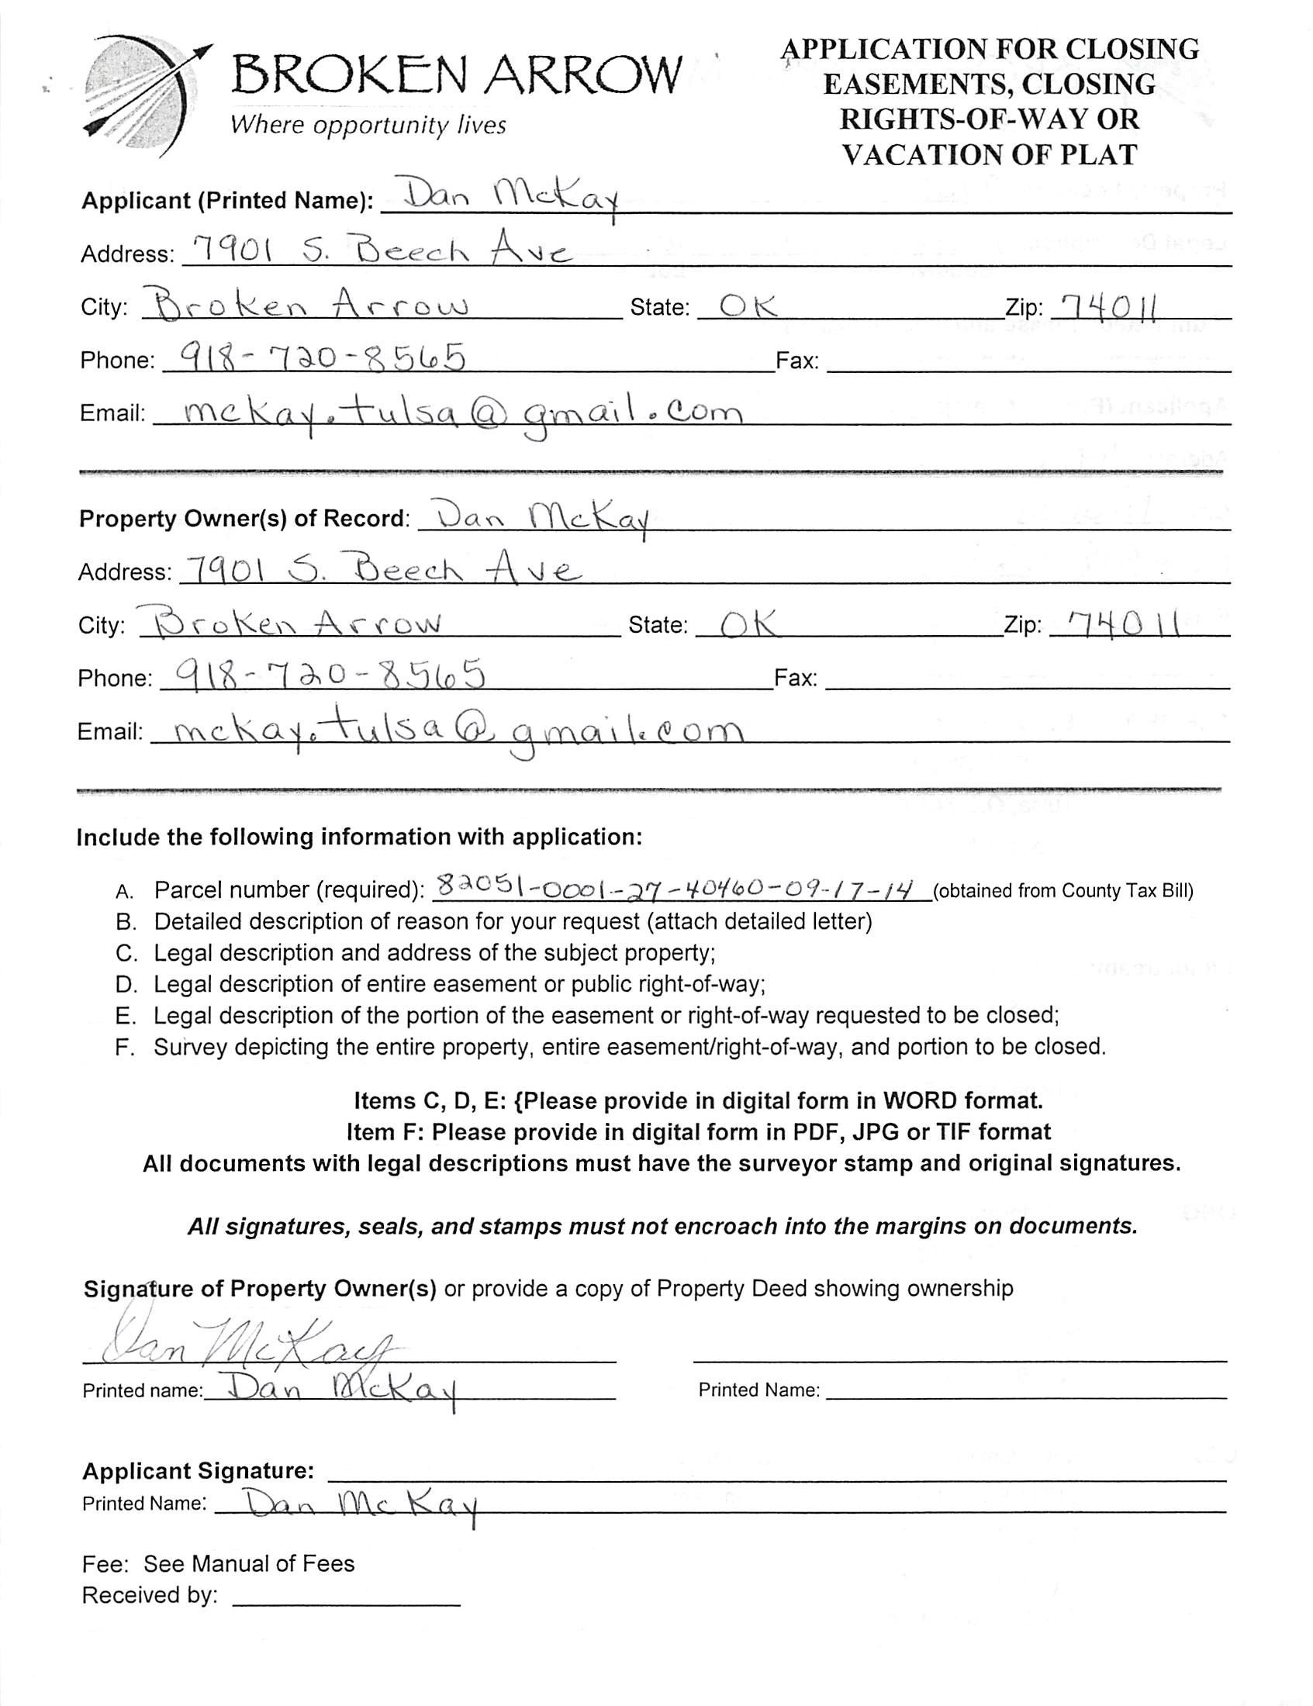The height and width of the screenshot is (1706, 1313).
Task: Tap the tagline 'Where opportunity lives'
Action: [368, 125]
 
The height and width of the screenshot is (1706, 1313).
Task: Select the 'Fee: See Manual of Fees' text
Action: [218, 1563]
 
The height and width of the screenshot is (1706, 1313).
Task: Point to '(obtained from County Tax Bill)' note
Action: [1062, 891]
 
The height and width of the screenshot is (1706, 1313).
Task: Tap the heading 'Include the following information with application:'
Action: [359, 837]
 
